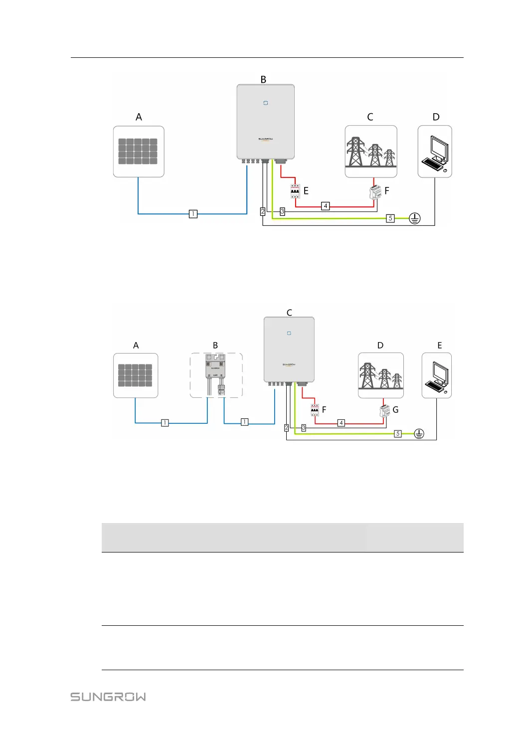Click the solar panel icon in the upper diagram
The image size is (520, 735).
(138, 151)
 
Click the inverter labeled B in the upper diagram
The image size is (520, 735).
(265, 122)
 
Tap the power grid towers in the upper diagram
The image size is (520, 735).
(370, 152)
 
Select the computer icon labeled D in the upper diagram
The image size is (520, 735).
(435, 152)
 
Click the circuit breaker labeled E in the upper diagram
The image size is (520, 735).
(295, 191)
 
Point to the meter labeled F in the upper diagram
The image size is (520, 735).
(375, 192)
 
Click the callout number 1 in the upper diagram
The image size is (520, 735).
(193, 214)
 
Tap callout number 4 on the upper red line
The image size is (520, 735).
(326, 206)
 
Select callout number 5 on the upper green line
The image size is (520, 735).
(390, 218)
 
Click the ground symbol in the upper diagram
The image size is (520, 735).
(415, 218)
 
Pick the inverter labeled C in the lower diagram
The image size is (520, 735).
(289, 350)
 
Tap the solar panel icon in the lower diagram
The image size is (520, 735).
(135, 375)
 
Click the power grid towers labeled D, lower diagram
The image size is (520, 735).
(380, 375)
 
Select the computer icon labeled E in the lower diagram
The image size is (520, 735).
(437, 375)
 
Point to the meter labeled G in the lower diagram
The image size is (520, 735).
(384, 411)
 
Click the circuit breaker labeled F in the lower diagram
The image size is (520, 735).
(315, 410)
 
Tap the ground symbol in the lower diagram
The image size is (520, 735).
(419, 434)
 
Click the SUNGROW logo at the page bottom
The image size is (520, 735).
(108, 697)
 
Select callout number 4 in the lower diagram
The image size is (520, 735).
(342, 423)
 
